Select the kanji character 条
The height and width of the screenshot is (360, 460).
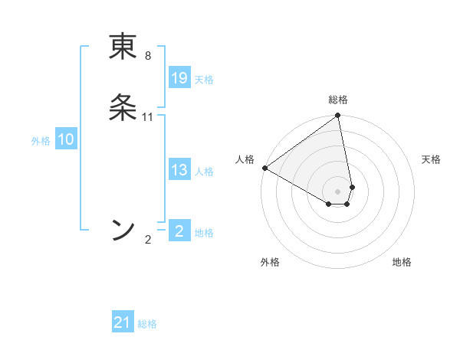tap(123, 109)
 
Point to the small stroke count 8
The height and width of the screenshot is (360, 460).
tap(148, 56)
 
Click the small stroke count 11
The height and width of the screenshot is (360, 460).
tap(148, 117)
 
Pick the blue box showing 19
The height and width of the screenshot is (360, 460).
tap(179, 78)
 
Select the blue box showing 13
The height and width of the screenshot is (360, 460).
tap(179, 170)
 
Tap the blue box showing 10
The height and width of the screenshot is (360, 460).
tap(66, 139)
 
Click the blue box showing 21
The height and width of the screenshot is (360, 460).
tap(123, 322)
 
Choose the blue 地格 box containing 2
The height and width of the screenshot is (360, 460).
tap(179, 231)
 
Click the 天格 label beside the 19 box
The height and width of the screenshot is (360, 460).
tap(204, 80)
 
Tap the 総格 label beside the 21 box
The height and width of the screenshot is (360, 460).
tap(147, 324)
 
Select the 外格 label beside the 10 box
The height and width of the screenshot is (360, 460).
tap(41, 141)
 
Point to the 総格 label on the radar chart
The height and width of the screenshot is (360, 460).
tap(338, 100)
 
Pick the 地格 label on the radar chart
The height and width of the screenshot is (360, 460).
tap(402, 262)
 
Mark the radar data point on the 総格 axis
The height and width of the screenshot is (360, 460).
tap(338, 116)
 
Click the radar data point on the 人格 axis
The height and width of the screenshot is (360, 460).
tap(264, 168)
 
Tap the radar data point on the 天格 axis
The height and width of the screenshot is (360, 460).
tap(353, 187)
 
